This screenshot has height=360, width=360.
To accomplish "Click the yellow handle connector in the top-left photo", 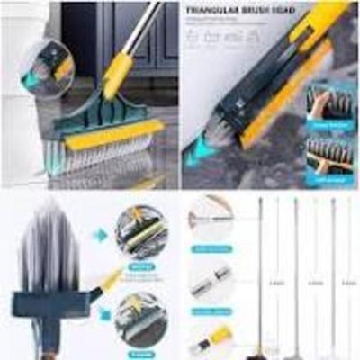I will pyautogui.click(x=118, y=74).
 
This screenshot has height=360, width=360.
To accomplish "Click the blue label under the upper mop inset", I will pyautogui.click(x=139, y=265).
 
